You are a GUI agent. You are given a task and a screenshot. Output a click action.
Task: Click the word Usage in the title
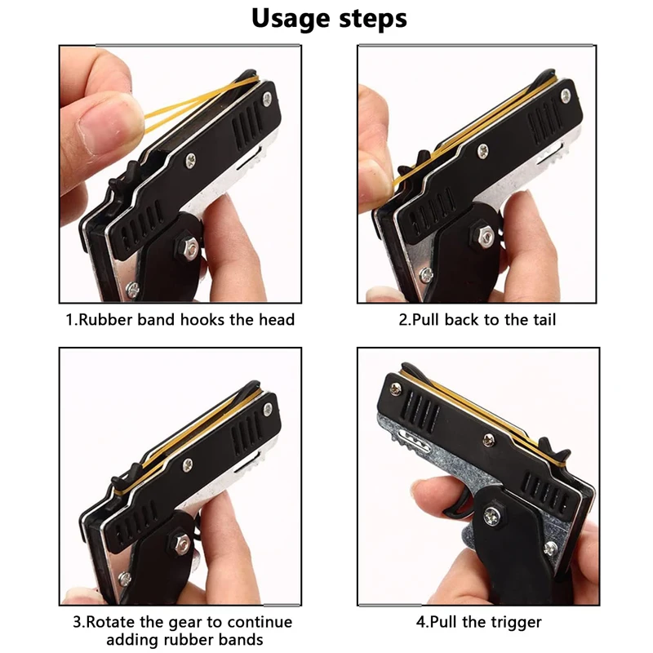[x=291, y=20]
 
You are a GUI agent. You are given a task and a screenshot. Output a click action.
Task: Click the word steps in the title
[x=373, y=18]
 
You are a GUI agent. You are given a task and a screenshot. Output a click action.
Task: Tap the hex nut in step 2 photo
[x=482, y=237]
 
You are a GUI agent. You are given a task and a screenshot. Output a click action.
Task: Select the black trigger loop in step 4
[x=460, y=502]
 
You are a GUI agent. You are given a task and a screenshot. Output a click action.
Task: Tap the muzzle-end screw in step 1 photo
[x=267, y=99]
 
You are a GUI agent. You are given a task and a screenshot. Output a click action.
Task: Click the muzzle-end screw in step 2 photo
[x=565, y=96]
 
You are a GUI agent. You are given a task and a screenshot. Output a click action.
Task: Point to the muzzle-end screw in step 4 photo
[x=395, y=389]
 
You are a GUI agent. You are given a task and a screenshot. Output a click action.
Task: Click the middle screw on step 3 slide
[x=188, y=464]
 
